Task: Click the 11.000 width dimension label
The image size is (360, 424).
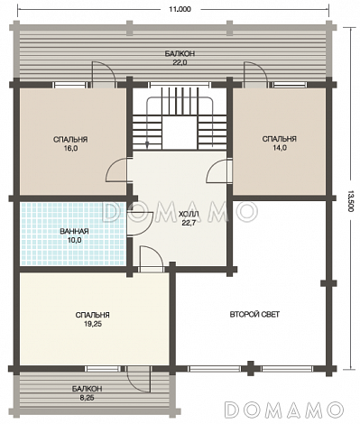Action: pyautogui.click(x=180, y=9)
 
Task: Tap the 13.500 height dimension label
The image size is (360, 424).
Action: pyautogui.click(x=349, y=201)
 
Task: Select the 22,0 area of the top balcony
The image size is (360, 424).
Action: pyautogui.click(x=180, y=62)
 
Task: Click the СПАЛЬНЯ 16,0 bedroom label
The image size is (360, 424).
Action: pyautogui.click(x=70, y=143)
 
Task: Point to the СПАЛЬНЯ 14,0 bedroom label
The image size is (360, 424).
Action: pyautogui.click(x=280, y=143)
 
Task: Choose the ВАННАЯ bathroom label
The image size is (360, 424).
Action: pyautogui.click(x=74, y=231)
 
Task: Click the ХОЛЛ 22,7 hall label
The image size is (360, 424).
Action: pyautogui.click(x=189, y=218)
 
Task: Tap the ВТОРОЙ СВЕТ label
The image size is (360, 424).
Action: pyautogui.click(x=254, y=315)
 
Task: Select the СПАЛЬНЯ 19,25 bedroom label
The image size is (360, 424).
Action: pyautogui.click(x=92, y=319)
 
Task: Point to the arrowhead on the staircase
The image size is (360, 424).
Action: pyautogui.click(x=147, y=145)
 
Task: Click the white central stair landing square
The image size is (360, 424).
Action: pyautogui.click(x=180, y=133)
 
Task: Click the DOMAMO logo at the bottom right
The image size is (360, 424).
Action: pyautogui.click(x=284, y=409)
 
